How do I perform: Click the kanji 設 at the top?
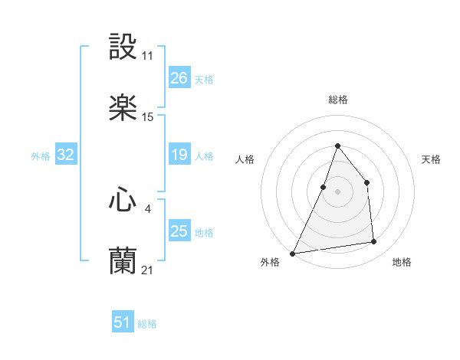click(x=123, y=47)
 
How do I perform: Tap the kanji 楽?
click(x=123, y=108)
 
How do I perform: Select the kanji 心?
click(x=123, y=200)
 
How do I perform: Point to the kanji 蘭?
click(x=123, y=261)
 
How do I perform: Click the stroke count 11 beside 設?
click(x=148, y=56)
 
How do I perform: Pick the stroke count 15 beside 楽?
click(x=148, y=117)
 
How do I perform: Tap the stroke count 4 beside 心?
click(x=148, y=208)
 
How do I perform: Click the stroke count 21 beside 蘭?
click(x=148, y=270)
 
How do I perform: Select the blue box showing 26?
click(x=179, y=78)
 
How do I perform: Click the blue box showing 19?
click(x=179, y=155)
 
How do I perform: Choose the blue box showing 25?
click(x=179, y=231)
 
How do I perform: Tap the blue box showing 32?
click(x=65, y=155)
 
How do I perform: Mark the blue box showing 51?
click(x=122, y=323)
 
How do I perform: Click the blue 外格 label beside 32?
click(x=41, y=156)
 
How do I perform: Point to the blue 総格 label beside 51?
click(x=147, y=324)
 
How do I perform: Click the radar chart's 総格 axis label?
click(x=337, y=100)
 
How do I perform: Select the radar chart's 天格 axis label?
click(x=431, y=159)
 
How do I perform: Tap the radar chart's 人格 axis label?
click(x=245, y=159)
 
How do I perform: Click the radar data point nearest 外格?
click(x=293, y=254)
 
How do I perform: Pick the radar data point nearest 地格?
click(x=374, y=242)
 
